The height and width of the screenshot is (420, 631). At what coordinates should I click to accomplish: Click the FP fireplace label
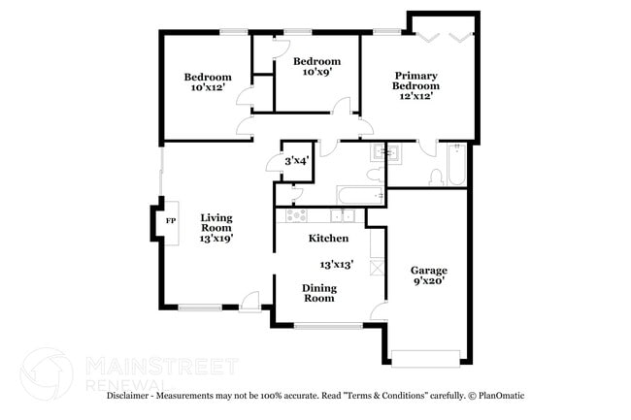171,221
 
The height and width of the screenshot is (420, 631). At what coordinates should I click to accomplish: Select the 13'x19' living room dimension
216,238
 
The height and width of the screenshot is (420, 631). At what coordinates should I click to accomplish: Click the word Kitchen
328,238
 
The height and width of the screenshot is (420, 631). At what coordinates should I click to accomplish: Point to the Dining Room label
319,293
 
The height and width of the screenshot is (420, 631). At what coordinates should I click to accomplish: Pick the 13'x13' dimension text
337,263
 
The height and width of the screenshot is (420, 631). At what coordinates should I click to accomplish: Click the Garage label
427,271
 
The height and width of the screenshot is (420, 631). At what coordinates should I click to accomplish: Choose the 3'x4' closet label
296,161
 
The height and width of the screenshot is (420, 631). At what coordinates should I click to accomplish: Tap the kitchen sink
341,214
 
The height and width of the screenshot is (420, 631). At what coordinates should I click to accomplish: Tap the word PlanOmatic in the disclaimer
505,395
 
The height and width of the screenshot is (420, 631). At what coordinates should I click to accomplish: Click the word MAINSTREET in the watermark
161,365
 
